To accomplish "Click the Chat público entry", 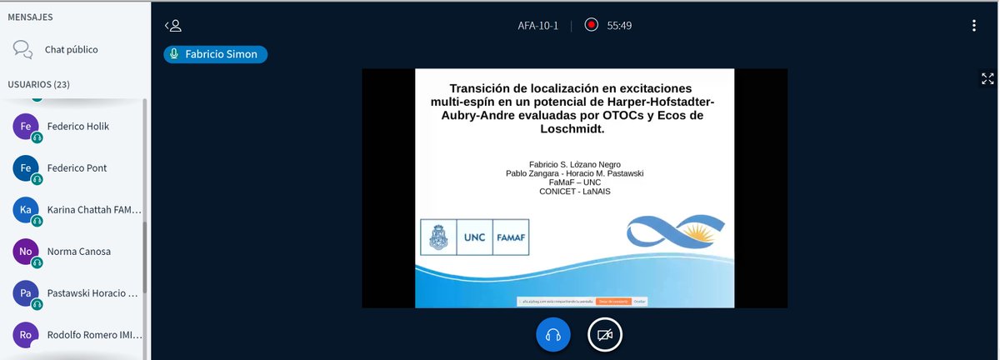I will point(71,49).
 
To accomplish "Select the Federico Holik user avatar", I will point(26,127).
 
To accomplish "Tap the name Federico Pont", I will point(77,167).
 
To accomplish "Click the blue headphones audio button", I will point(552,335).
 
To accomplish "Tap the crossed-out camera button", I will point(605,335).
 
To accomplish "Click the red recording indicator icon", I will point(591,26).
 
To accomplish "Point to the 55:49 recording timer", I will point(619,26).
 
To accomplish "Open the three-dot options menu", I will point(973,26).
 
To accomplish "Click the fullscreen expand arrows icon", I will point(987,79).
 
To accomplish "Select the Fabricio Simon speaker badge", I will point(216,53).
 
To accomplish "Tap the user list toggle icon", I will point(173,26).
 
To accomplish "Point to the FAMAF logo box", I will point(510,237).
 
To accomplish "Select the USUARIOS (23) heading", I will point(38,84).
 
